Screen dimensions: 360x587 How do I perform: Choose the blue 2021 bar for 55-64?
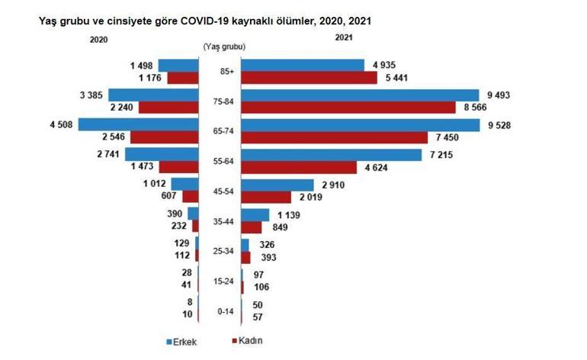click(x=331, y=155)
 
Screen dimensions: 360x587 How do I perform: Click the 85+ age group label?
click(x=226, y=72)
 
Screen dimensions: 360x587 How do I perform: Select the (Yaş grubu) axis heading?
click(x=223, y=47)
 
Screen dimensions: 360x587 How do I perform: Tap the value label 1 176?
click(x=146, y=78)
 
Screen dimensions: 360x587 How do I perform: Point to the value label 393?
click(x=268, y=257)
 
